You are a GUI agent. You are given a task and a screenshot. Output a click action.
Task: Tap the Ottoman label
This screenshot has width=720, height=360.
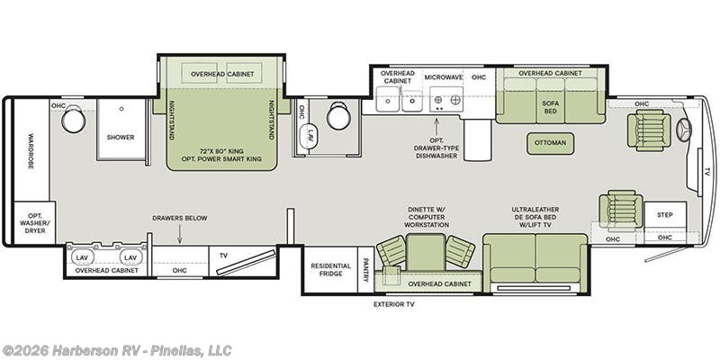550,143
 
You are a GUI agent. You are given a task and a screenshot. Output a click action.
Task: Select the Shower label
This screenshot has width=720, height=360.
121,138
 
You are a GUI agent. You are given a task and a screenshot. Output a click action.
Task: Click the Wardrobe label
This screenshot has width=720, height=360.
31,151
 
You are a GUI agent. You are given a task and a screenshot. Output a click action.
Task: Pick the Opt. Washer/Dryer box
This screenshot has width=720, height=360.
35,223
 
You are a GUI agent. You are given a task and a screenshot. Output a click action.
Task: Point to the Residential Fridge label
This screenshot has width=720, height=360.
330,269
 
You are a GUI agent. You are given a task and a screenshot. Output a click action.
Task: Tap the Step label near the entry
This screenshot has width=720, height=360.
665,215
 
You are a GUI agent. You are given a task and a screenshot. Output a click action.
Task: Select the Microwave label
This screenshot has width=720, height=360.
443,77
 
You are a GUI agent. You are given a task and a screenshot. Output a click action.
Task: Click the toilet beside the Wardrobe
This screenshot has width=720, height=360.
74,119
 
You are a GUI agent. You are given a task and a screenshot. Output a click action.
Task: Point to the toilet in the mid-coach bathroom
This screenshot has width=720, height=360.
339,115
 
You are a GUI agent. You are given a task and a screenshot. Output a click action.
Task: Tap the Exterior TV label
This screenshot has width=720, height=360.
394,304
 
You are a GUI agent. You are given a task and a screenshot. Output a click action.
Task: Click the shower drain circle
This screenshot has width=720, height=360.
121,109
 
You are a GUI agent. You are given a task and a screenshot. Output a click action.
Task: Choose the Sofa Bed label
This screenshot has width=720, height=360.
551,107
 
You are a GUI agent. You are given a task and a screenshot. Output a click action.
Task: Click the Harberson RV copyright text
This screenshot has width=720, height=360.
117,350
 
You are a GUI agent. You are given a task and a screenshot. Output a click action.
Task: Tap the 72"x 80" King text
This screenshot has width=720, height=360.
221,151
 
